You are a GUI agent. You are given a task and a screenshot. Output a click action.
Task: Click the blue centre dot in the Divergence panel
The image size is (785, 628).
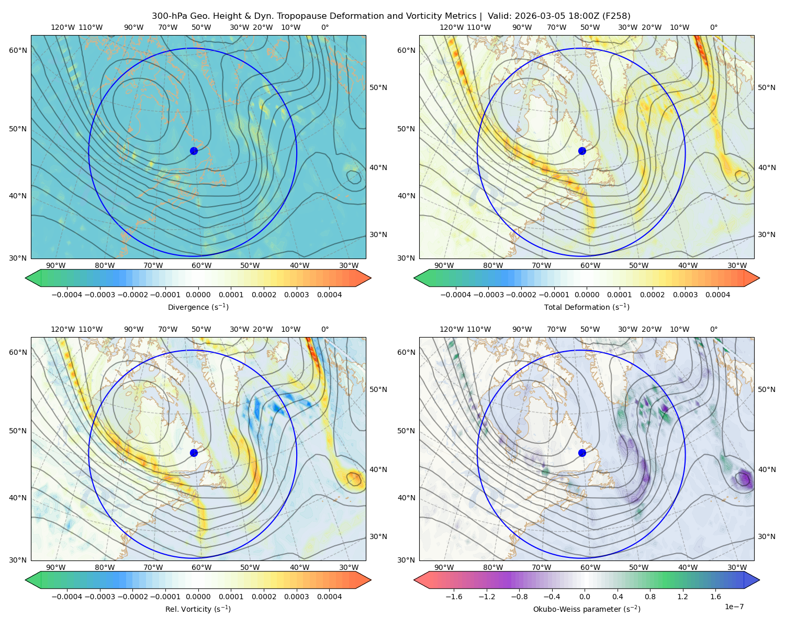[x=194, y=151]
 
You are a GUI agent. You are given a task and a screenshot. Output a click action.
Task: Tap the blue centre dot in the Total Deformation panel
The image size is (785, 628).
[x=582, y=151]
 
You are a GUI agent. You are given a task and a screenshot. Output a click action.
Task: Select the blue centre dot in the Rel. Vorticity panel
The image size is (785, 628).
[x=194, y=453]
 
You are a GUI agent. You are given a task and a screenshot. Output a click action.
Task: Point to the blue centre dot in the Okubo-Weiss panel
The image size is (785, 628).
[x=582, y=453]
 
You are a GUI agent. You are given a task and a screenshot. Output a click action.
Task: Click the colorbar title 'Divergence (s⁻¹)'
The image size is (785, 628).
[x=198, y=307]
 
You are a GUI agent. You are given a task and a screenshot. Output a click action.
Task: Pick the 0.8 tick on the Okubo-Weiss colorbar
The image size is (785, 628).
[x=649, y=596]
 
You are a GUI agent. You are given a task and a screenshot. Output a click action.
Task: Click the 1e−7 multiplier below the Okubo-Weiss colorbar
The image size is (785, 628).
[x=734, y=607]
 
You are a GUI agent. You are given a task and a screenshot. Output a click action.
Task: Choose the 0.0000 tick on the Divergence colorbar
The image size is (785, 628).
[x=198, y=295]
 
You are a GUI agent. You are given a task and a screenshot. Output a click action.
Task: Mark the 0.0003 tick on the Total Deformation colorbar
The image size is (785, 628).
[x=685, y=295]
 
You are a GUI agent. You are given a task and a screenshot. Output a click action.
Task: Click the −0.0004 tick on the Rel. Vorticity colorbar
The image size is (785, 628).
[x=66, y=596]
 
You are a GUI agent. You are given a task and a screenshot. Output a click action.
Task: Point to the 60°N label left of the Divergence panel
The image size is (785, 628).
[x=18, y=50]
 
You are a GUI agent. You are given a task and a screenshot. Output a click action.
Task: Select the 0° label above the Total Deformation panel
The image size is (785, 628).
[x=713, y=27]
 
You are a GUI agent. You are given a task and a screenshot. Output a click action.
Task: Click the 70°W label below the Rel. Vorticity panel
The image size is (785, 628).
[x=153, y=567]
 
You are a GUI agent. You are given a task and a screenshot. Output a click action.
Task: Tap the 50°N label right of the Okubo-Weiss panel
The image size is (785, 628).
[x=766, y=389]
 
